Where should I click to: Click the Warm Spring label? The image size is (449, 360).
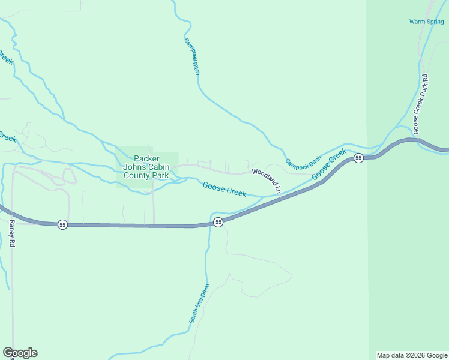tap(426, 22)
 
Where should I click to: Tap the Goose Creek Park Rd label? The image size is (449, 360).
tap(420, 104)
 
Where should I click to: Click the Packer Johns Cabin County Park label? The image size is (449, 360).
tap(146, 167)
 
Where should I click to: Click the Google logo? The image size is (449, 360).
tap(20, 353)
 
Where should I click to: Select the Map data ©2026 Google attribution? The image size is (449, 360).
tap(412, 355)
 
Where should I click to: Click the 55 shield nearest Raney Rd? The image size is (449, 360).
tap(62, 224)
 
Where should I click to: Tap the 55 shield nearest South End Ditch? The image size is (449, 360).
tap(218, 222)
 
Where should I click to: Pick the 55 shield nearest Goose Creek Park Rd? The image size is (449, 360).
tap(358, 158)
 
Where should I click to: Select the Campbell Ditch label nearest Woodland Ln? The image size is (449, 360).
tap(303, 163)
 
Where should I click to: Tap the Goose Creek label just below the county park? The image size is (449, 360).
tap(224, 189)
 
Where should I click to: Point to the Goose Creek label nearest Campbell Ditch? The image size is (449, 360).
tap(329, 164)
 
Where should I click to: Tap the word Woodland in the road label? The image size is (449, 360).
tap(262, 177)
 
